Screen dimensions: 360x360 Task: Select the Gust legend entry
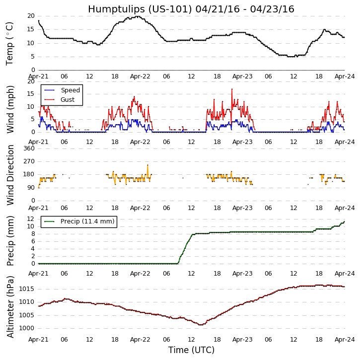point(68,100)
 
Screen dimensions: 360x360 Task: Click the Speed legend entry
point(70,90)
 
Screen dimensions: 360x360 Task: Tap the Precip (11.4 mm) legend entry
point(87,221)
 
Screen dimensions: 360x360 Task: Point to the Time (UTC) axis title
point(191,350)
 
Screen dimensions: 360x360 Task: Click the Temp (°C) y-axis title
point(10,43)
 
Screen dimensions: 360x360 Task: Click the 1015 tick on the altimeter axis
point(26,289)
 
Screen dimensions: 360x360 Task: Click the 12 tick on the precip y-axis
point(30,219)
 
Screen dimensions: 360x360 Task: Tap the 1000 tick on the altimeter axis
point(26,328)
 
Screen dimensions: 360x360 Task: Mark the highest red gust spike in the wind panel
point(232,89)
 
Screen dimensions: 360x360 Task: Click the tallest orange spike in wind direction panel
point(147,165)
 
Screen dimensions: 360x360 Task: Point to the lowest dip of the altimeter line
point(201,325)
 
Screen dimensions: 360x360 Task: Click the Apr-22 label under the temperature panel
point(141,76)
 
